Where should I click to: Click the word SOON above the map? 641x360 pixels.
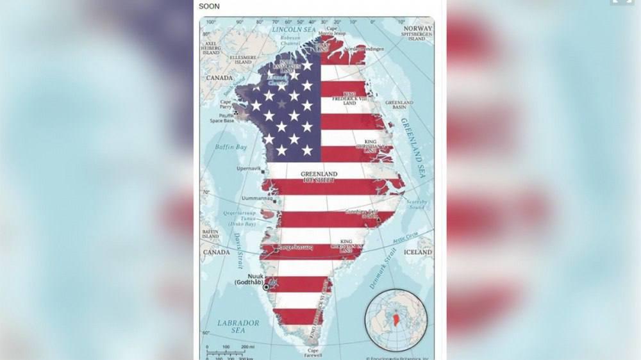[208, 6]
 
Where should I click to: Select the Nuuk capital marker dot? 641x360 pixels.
[266, 287]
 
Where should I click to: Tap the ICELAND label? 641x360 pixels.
[419, 252]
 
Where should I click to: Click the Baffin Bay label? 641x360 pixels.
[230, 147]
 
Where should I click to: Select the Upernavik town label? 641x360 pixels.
[249, 168]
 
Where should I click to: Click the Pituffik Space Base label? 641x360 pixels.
[224, 118]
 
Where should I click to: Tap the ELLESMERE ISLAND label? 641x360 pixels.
[243, 59]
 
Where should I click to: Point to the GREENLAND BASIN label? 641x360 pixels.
[399, 104]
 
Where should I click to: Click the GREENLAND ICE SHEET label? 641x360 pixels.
[319, 177]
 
